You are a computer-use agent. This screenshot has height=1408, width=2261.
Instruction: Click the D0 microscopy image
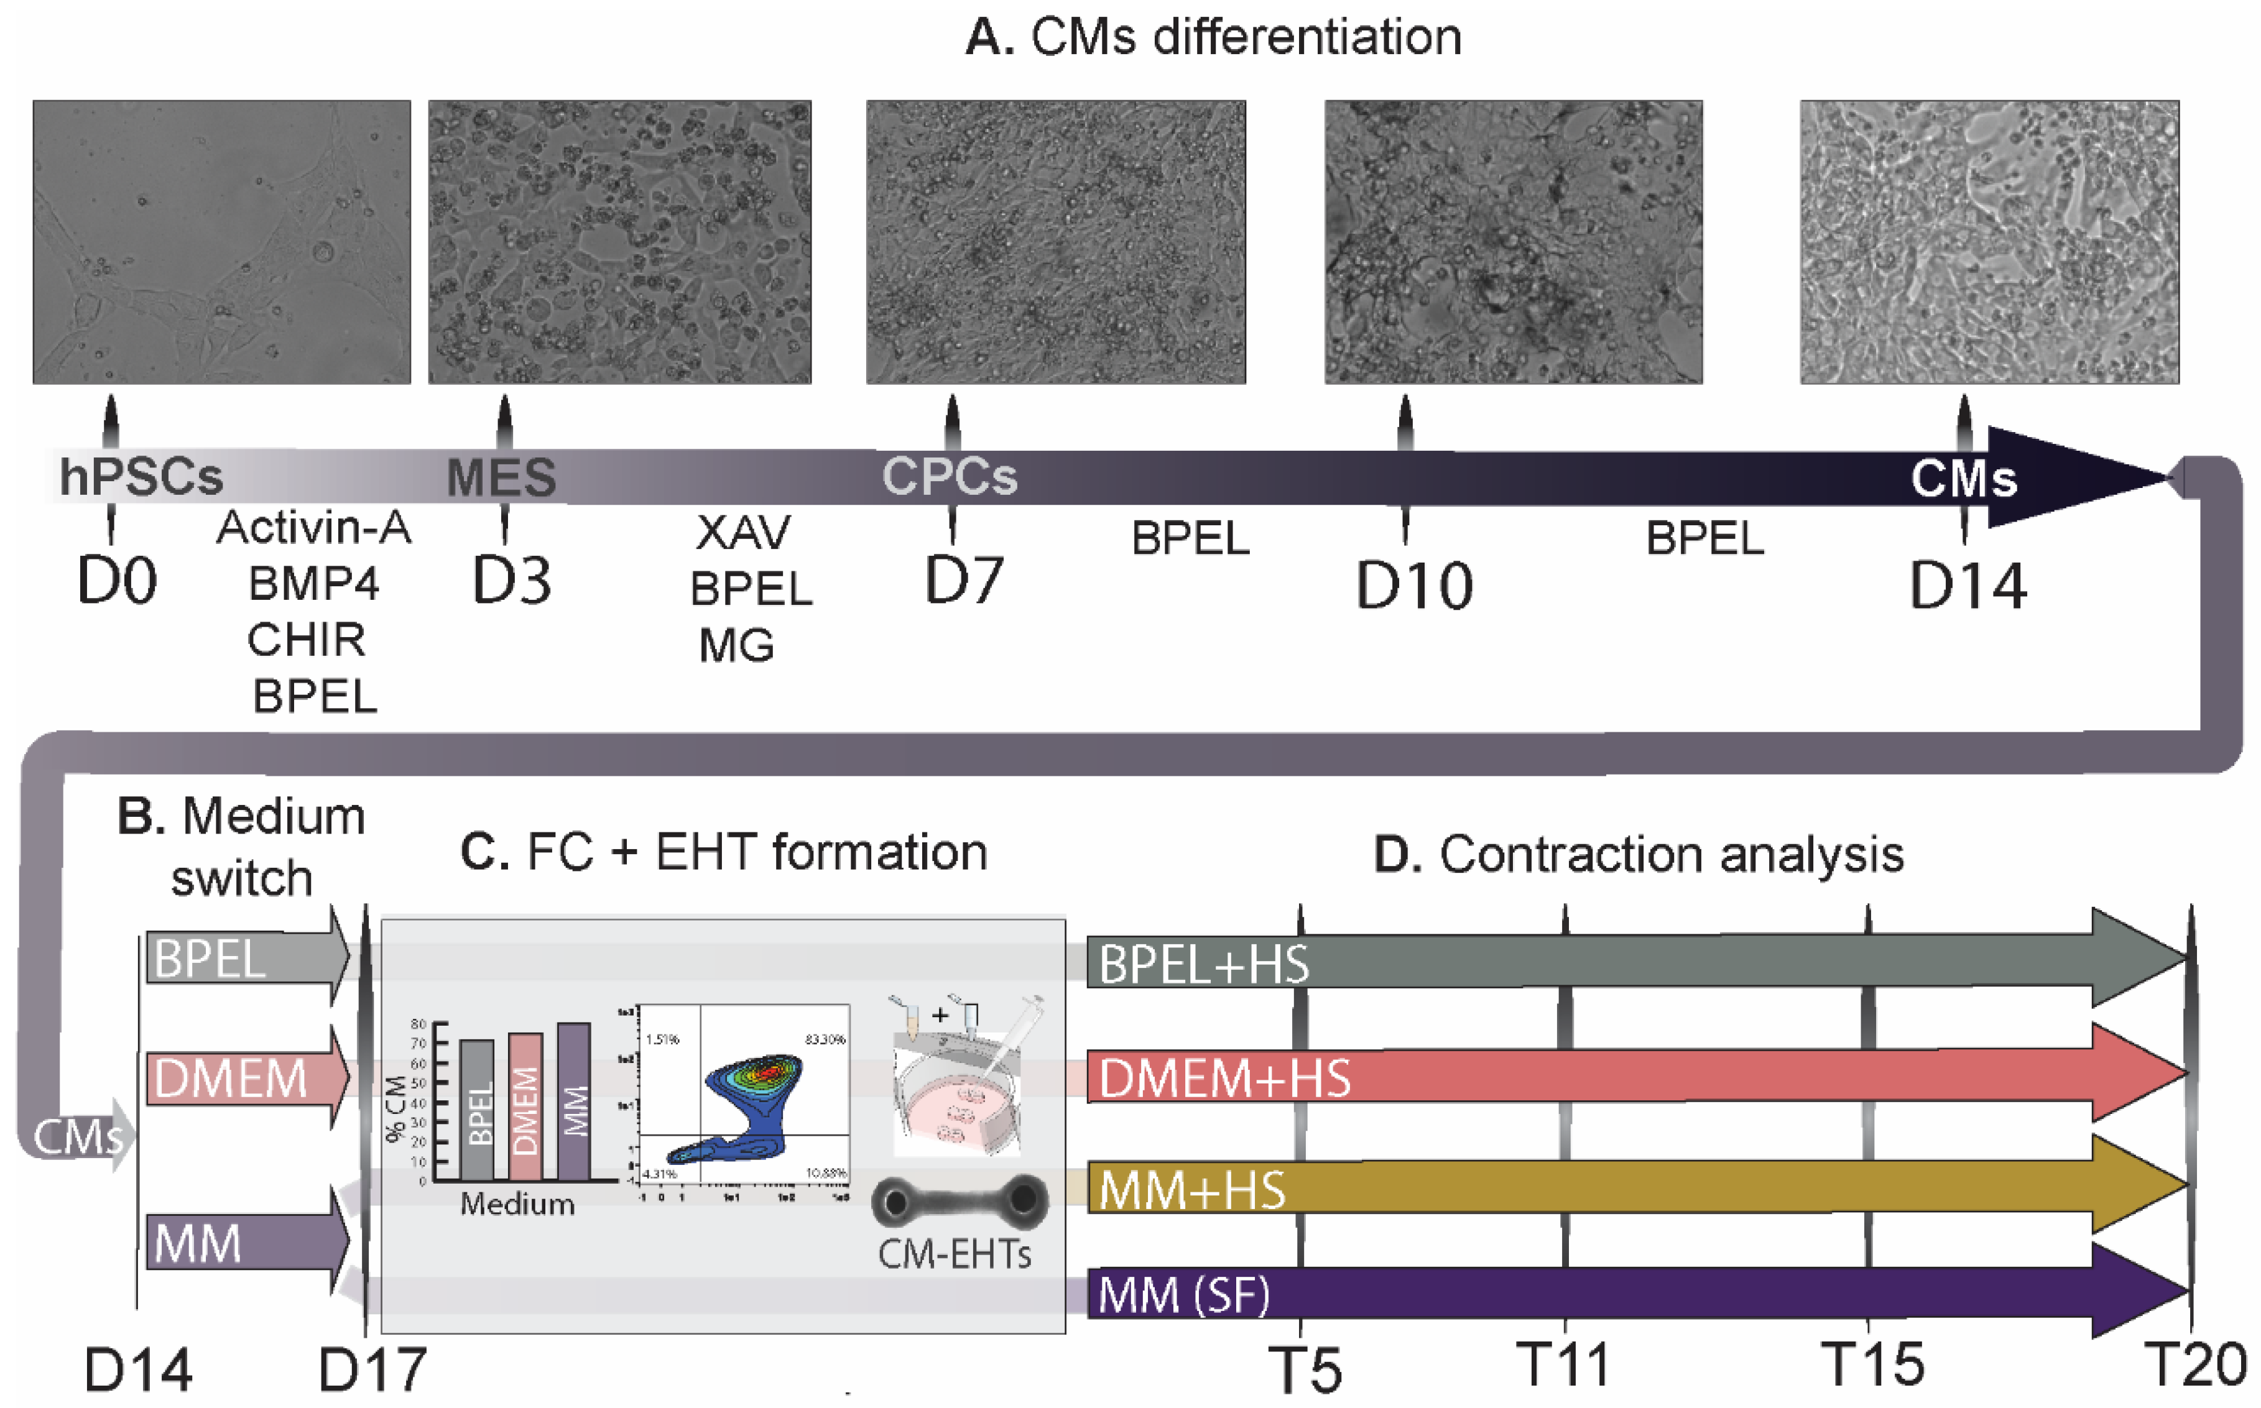(x=221, y=242)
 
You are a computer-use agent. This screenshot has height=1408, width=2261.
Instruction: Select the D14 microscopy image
(x=1989, y=242)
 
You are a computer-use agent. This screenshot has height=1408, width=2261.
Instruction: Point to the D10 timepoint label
(x=1413, y=587)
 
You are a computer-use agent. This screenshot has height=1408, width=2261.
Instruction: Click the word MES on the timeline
(x=501, y=477)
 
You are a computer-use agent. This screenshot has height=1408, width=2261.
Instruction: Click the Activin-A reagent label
(x=314, y=528)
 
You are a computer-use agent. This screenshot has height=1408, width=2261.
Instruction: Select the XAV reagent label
(x=743, y=533)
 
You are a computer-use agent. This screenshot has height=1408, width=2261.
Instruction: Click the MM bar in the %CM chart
(x=573, y=1102)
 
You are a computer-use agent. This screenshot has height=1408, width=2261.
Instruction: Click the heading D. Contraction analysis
(x=1639, y=854)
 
